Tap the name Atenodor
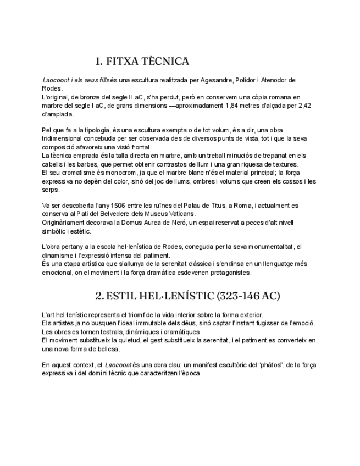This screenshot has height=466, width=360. tap(272, 80)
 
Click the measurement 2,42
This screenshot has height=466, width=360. tap(304, 106)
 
